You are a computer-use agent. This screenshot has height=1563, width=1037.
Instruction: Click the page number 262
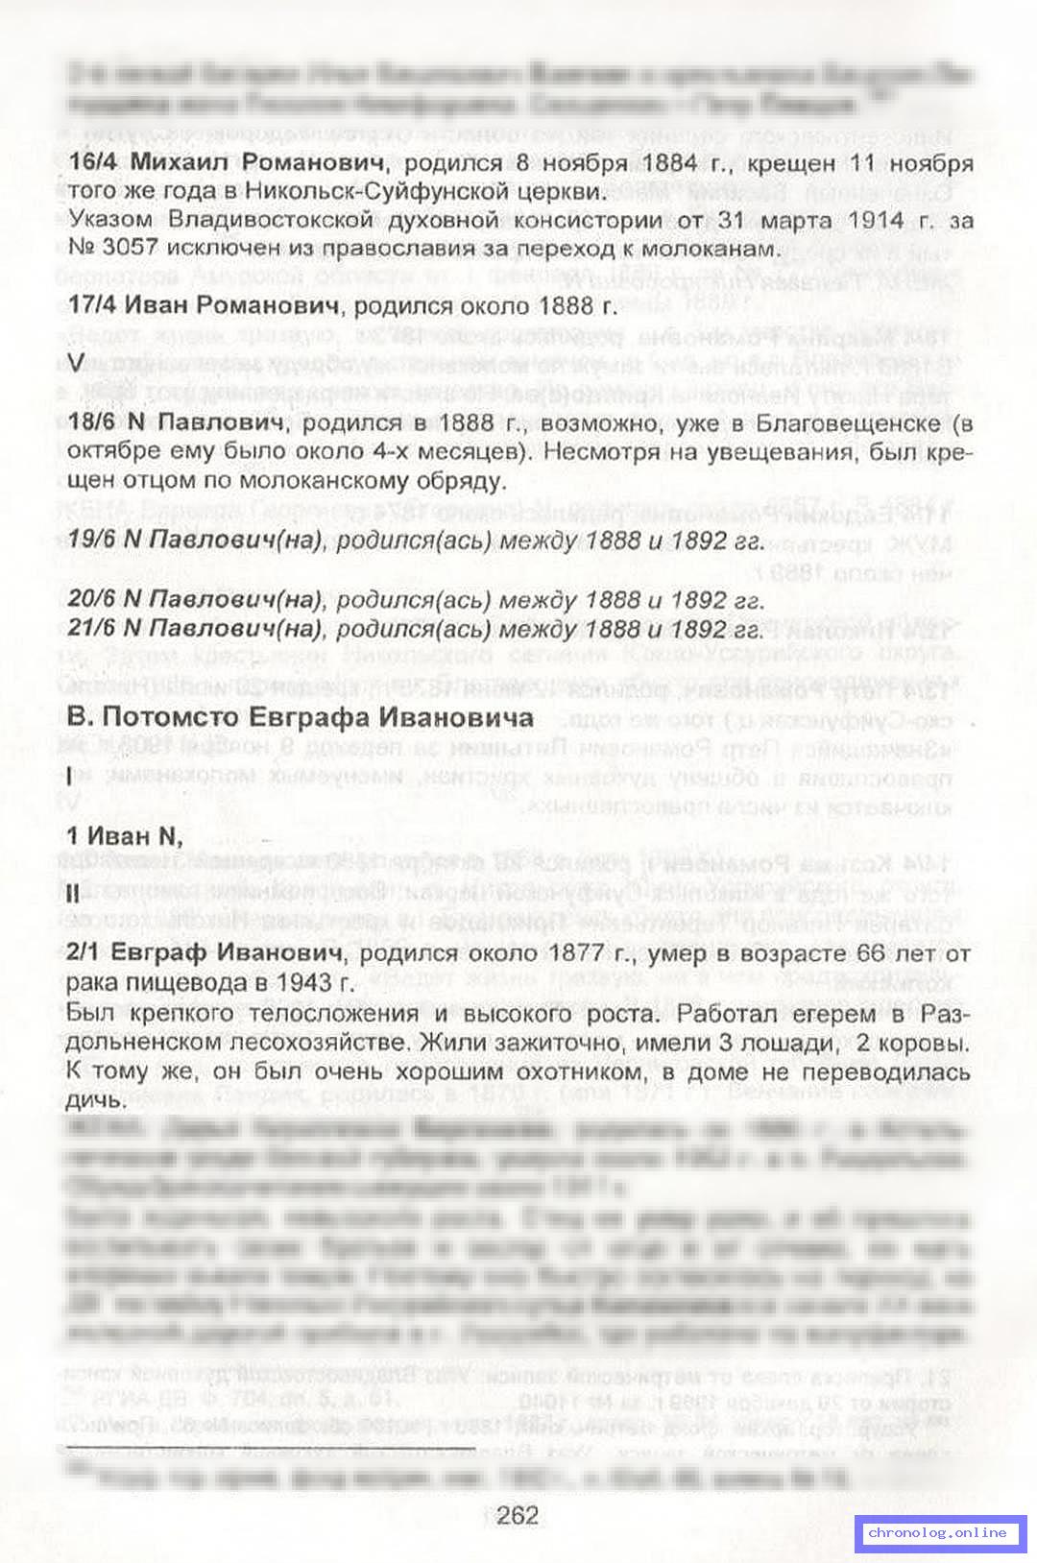[x=518, y=1515]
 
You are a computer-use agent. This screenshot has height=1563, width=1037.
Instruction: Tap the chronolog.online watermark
[x=939, y=1532]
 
